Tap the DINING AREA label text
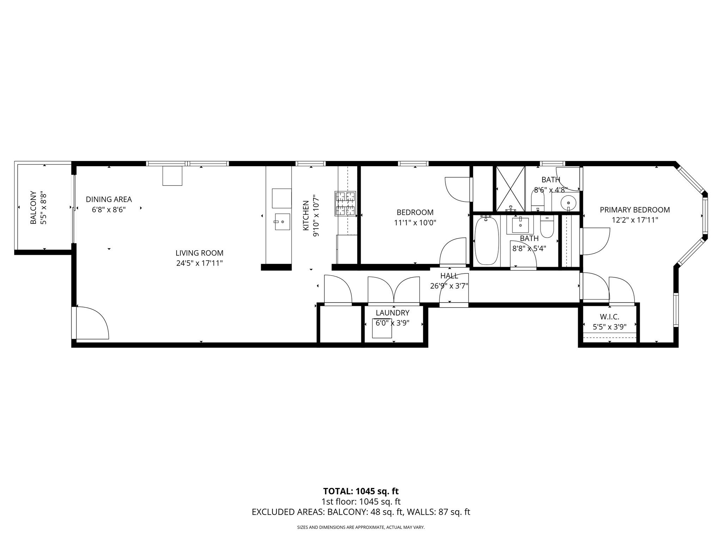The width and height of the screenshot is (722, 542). (x=109, y=199)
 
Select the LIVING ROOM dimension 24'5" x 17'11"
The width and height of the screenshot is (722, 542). (x=200, y=263)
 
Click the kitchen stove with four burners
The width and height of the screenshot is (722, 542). (x=345, y=204)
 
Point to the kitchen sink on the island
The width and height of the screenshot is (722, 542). (x=282, y=222)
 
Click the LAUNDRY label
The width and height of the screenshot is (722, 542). (x=392, y=313)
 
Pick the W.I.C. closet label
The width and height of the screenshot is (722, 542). (x=609, y=317)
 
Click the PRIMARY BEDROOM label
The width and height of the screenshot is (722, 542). (x=635, y=210)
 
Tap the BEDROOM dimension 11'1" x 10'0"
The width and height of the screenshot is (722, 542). (x=415, y=223)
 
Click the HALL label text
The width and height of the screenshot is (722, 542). (x=449, y=276)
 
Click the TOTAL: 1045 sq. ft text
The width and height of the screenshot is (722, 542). (x=361, y=491)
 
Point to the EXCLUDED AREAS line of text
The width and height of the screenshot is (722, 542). (x=361, y=512)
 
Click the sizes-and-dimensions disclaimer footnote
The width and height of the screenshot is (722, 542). (x=361, y=528)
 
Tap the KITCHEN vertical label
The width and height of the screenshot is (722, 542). (x=306, y=216)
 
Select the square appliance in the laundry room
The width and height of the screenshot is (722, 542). (x=382, y=328)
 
